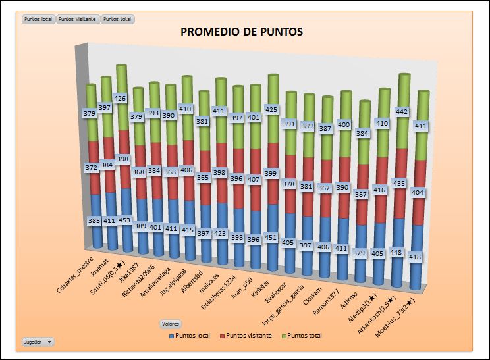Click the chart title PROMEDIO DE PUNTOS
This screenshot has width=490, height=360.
(x=242, y=32)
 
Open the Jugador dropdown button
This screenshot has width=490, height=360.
(x=38, y=342)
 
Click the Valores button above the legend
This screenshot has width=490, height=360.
(x=171, y=324)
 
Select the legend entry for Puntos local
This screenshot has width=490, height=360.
(x=190, y=336)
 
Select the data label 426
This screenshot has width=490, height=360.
(x=120, y=98)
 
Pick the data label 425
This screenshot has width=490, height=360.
(x=273, y=109)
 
